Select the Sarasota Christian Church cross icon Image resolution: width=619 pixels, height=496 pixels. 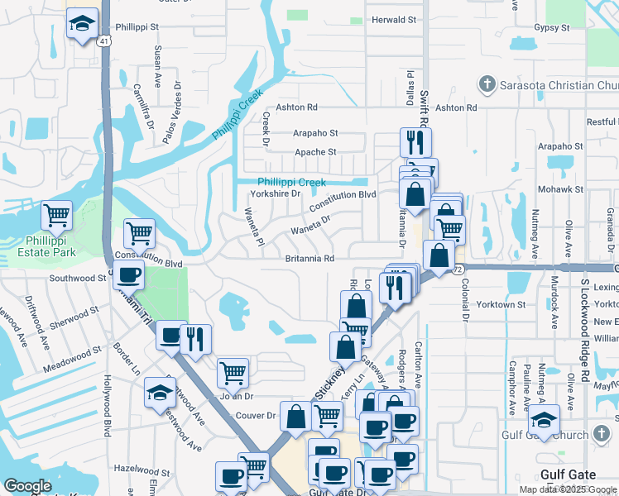pos(487,83)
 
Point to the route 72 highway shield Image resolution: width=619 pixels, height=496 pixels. pos(458,269)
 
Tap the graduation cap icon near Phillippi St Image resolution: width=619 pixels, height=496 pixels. pos(82,25)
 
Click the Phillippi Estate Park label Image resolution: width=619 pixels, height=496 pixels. pos(50,246)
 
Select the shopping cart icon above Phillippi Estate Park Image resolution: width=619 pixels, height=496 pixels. pos(57,216)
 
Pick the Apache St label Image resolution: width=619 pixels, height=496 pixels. pos(316,152)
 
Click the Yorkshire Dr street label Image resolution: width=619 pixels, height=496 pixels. pos(275,193)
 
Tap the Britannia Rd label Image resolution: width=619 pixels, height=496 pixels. pos(309,259)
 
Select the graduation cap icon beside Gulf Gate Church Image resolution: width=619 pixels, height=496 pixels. pos(545,419)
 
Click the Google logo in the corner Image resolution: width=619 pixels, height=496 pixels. pos(28,486)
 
